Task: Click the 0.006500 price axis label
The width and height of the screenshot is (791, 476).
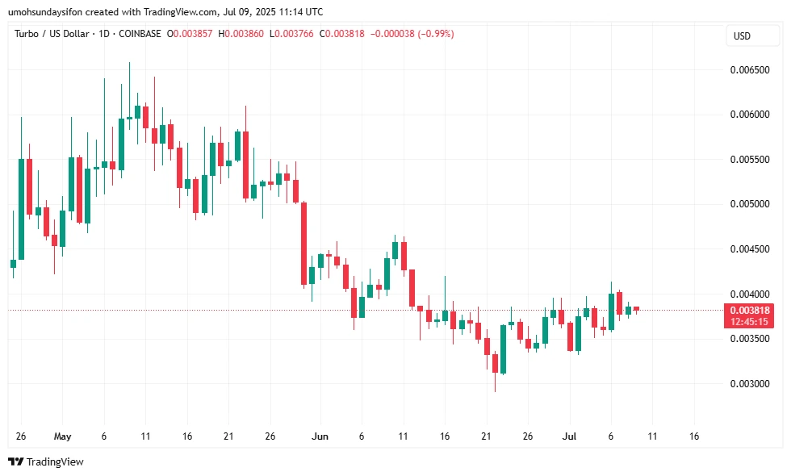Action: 750,70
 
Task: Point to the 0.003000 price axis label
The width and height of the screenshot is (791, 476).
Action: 750,384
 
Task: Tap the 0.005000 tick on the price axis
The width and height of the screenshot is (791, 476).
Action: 750,204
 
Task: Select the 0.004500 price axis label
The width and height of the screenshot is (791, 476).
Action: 750,249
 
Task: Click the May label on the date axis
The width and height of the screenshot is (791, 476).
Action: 62,436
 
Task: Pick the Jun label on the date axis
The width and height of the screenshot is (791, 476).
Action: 320,436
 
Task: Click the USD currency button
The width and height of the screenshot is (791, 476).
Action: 742,36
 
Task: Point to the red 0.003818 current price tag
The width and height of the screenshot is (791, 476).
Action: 750,311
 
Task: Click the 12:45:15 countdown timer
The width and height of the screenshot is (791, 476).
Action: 750,322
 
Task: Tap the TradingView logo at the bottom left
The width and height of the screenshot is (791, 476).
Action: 46,462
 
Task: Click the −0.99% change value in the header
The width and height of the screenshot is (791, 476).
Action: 436,34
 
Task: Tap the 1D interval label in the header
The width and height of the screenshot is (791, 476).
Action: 101,34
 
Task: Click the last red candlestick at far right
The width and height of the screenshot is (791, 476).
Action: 636,308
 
